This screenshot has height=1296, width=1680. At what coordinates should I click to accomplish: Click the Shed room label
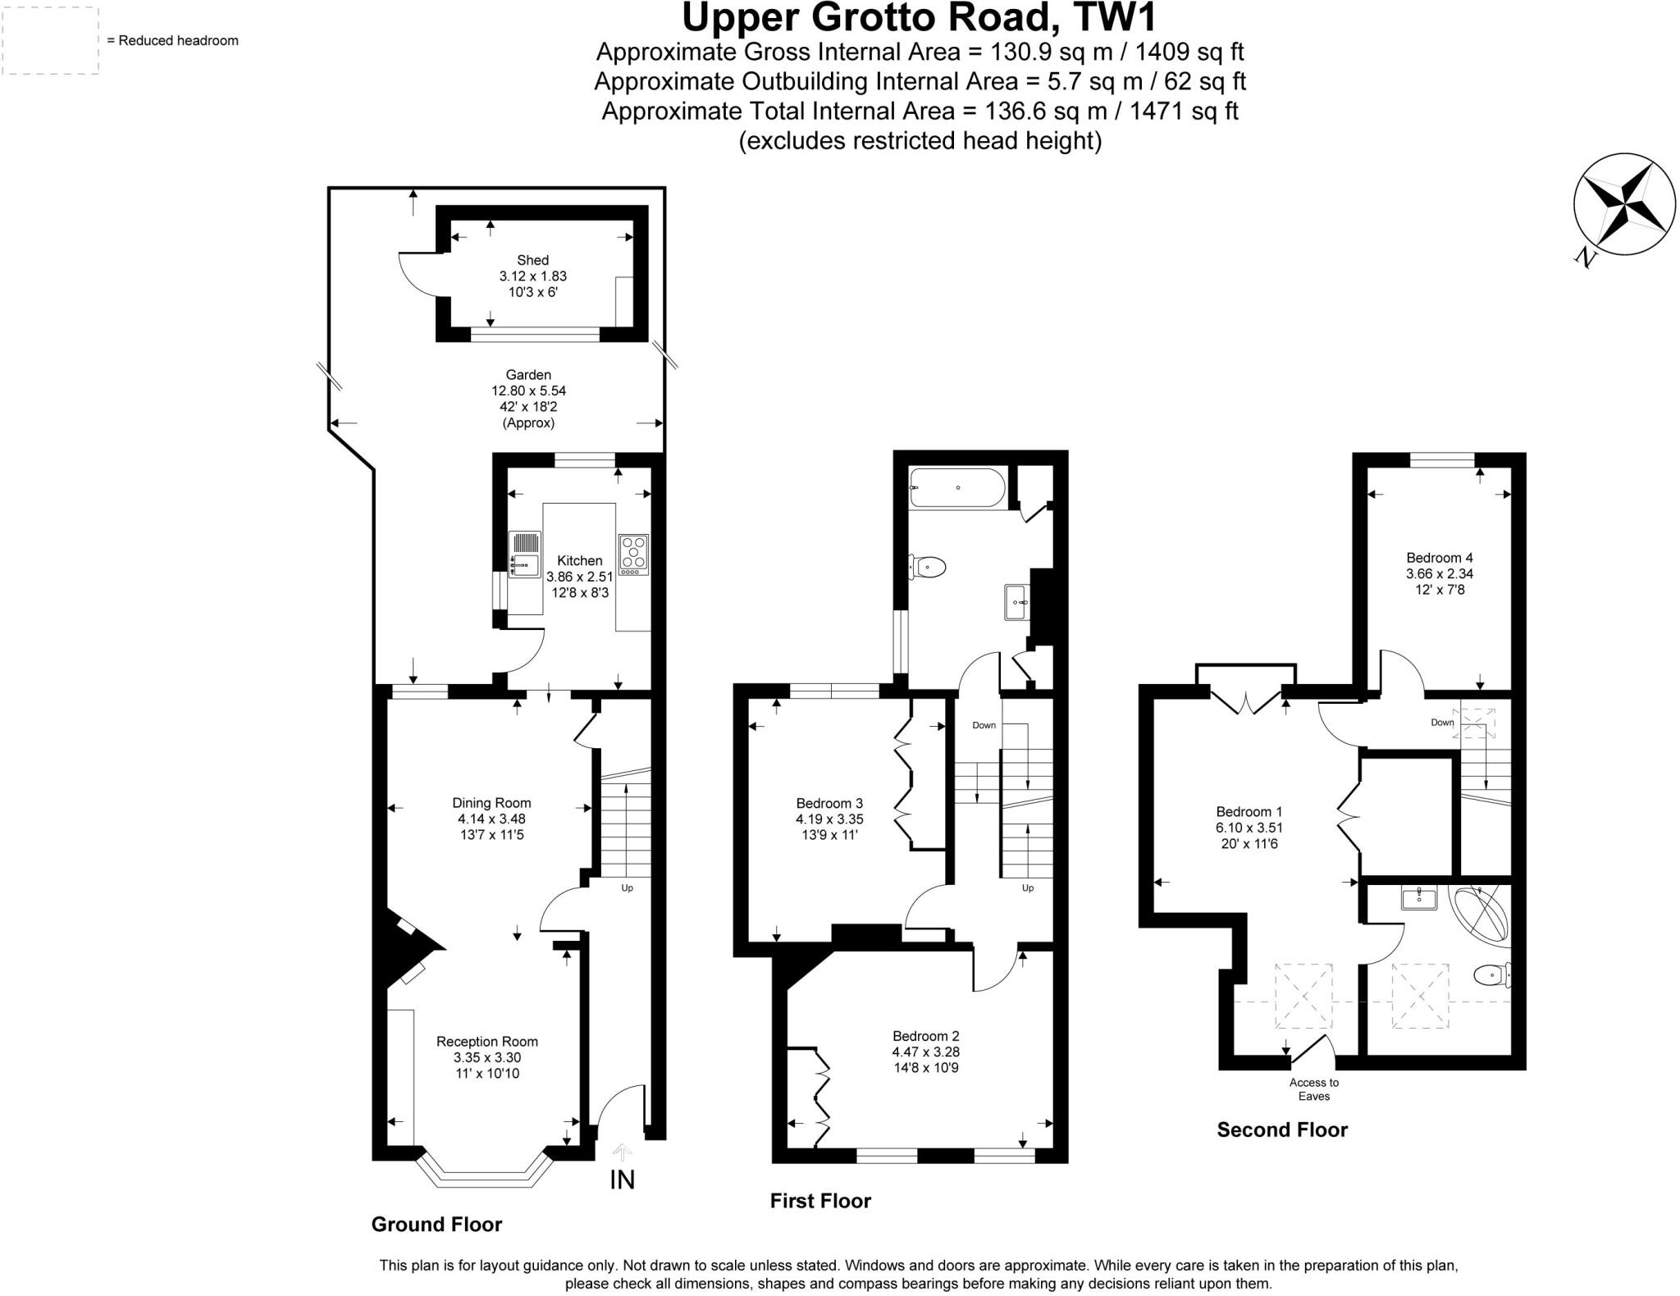click(x=532, y=260)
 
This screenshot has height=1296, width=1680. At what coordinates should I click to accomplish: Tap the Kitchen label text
click(x=579, y=560)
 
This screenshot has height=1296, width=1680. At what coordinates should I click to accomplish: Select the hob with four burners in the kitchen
click(x=634, y=554)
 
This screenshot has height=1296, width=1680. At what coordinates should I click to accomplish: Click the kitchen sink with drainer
click(x=524, y=554)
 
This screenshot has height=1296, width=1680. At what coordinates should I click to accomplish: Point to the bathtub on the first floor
click(x=956, y=487)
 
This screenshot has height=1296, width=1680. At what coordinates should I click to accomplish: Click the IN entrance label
click(x=622, y=1180)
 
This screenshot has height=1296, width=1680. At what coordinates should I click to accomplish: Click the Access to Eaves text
click(x=1313, y=1089)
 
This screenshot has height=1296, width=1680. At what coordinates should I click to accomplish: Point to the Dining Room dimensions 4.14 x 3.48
click(x=491, y=819)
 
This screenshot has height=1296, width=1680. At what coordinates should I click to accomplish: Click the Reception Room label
click(x=486, y=1041)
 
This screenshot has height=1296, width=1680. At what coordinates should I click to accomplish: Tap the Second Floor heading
click(x=1281, y=1129)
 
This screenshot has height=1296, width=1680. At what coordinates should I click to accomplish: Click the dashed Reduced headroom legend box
click(x=50, y=40)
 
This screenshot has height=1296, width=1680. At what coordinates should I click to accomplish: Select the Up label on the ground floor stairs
click(x=627, y=888)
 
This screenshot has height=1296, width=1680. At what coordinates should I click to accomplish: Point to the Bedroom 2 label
click(x=925, y=1035)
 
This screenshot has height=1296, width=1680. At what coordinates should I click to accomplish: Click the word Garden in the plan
click(x=528, y=375)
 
